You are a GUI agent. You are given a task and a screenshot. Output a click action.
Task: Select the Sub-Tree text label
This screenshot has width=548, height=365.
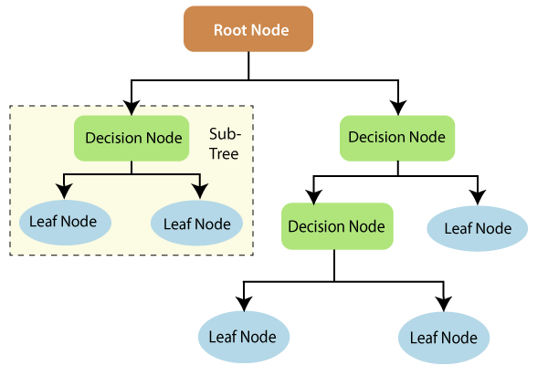(224, 143)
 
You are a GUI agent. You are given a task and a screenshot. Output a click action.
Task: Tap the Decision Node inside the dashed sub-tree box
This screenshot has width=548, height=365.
(132, 138)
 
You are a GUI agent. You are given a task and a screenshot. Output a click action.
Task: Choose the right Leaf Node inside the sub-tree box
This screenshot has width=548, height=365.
(196, 223)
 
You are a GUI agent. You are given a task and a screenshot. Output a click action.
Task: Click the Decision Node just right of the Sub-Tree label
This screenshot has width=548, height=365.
(397, 138)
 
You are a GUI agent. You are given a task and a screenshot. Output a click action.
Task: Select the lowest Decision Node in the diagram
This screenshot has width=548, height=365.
(335, 224)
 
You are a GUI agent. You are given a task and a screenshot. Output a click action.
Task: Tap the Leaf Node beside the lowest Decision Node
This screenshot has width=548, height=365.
(478, 228)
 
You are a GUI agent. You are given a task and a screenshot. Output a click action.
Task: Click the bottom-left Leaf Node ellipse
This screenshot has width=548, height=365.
(244, 336)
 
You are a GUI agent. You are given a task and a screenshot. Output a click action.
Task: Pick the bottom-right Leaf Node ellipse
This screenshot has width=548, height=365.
(445, 337)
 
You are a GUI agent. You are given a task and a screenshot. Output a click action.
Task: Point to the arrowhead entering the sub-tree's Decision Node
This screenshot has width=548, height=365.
(132, 108)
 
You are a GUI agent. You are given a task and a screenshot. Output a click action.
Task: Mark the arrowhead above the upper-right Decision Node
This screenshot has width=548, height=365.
(396, 107)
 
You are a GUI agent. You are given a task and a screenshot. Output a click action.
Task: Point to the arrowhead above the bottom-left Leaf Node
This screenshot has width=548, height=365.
(244, 302)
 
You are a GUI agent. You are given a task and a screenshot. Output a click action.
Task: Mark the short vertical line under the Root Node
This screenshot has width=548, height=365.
(249, 66)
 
